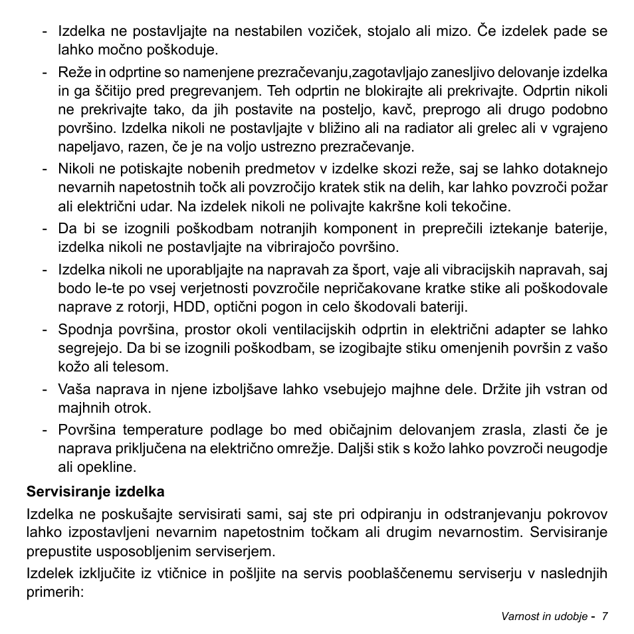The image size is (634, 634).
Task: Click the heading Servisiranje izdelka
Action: tap(95, 492)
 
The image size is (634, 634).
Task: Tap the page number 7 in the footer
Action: tap(605, 616)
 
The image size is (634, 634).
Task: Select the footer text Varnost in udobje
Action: tap(544, 616)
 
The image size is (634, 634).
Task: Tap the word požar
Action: tap(590, 188)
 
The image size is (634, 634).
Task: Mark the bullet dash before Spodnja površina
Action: tap(45, 330)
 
